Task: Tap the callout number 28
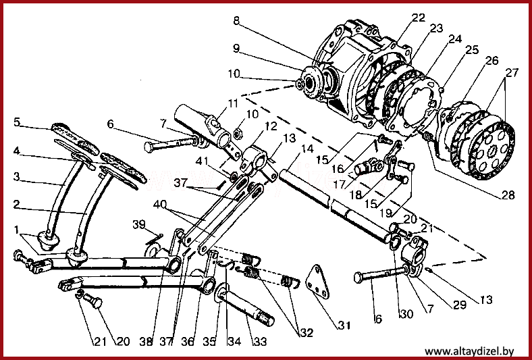click(x=508, y=195)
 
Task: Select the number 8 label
click(x=236, y=20)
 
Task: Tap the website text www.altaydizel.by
click(x=469, y=351)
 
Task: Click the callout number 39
click(x=139, y=224)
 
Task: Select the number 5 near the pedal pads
click(x=17, y=122)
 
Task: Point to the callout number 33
click(x=260, y=341)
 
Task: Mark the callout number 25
click(x=472, y=50)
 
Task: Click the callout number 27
click(x=512, y=73)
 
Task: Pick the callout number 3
click(x=17, y=176)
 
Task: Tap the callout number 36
click(x=188, y=341)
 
